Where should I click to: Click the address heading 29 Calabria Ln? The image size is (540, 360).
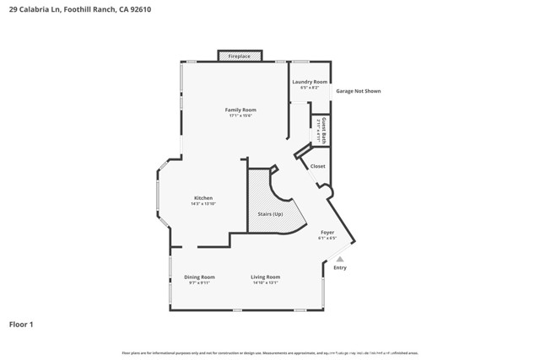click(80, 10)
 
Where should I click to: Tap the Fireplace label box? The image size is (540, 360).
click(240, 56)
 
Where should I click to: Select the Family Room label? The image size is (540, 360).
click(240, 110)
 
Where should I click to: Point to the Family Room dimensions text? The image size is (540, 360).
click(240, 116)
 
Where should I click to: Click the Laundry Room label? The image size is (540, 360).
click(310, 82)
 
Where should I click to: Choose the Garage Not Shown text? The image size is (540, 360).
click(359, 90)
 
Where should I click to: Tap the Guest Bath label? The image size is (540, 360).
click(322, 132)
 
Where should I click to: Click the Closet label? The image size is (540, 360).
click(317, 166)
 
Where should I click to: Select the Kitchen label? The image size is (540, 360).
click(203, 198)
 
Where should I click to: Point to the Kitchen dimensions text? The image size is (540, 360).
click(203, 204)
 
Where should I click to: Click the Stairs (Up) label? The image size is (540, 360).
click(270, 215)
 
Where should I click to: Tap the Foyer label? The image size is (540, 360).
click(327, 232)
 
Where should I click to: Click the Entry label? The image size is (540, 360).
click(339, 267)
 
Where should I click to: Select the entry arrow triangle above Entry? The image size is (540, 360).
click(340, 259)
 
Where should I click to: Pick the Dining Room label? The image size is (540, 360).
click(200, 277)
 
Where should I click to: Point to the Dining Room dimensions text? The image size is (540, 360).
click(200, 282)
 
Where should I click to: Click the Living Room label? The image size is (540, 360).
click(266, 277)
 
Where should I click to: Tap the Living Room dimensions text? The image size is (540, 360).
click(266, 282)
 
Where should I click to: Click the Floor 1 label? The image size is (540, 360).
click(21, 324)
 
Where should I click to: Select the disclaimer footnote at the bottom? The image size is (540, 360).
click(270, 352)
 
